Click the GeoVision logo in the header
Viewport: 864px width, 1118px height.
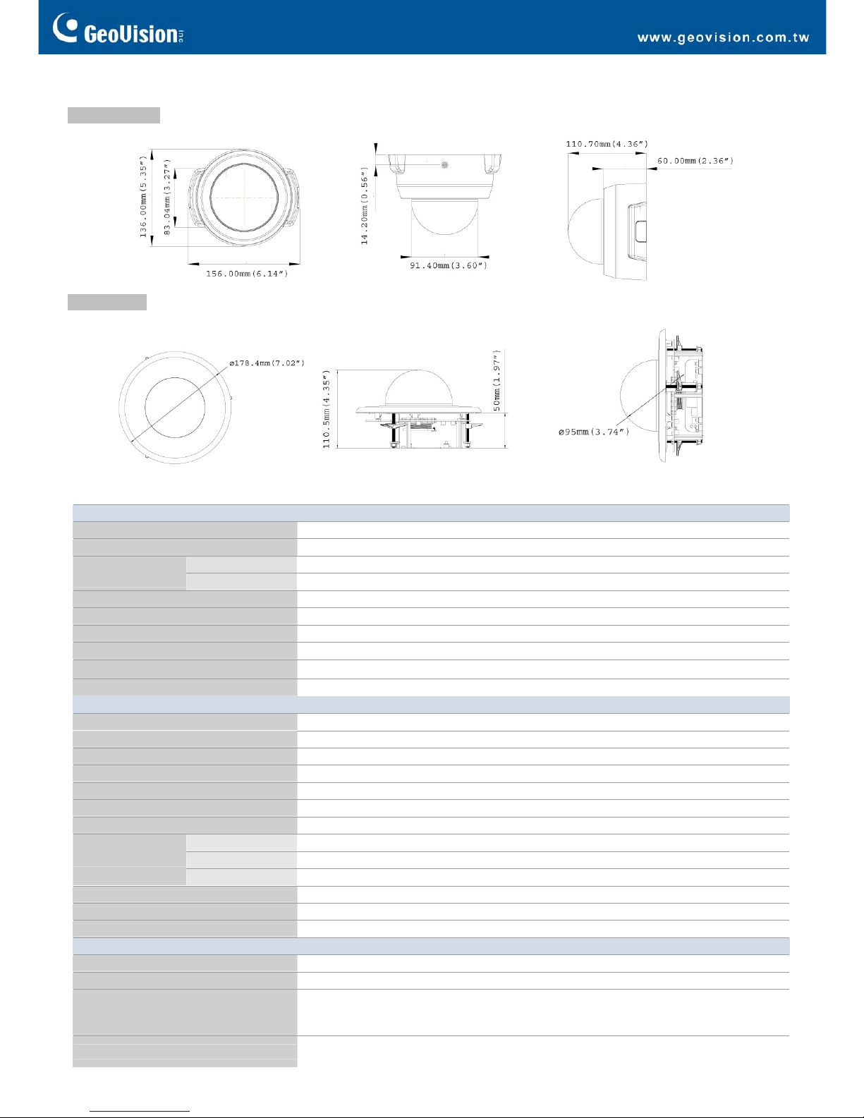click(118, 29)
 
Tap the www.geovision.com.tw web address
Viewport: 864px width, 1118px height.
click(723, 37)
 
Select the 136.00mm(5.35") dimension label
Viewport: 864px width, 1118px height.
click(143, 197)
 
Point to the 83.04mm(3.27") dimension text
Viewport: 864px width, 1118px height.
click(167, 197)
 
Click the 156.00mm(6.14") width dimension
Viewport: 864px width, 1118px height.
click(247, 274)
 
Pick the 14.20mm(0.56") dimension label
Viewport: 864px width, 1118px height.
click(364, 205)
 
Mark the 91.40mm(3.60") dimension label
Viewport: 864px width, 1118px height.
click(448, 265)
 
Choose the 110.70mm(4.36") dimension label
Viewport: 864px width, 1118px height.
click(607, 144)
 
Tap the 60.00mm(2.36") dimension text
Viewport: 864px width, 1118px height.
click(695, 161)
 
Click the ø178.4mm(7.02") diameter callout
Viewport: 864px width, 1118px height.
click(267, 363)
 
